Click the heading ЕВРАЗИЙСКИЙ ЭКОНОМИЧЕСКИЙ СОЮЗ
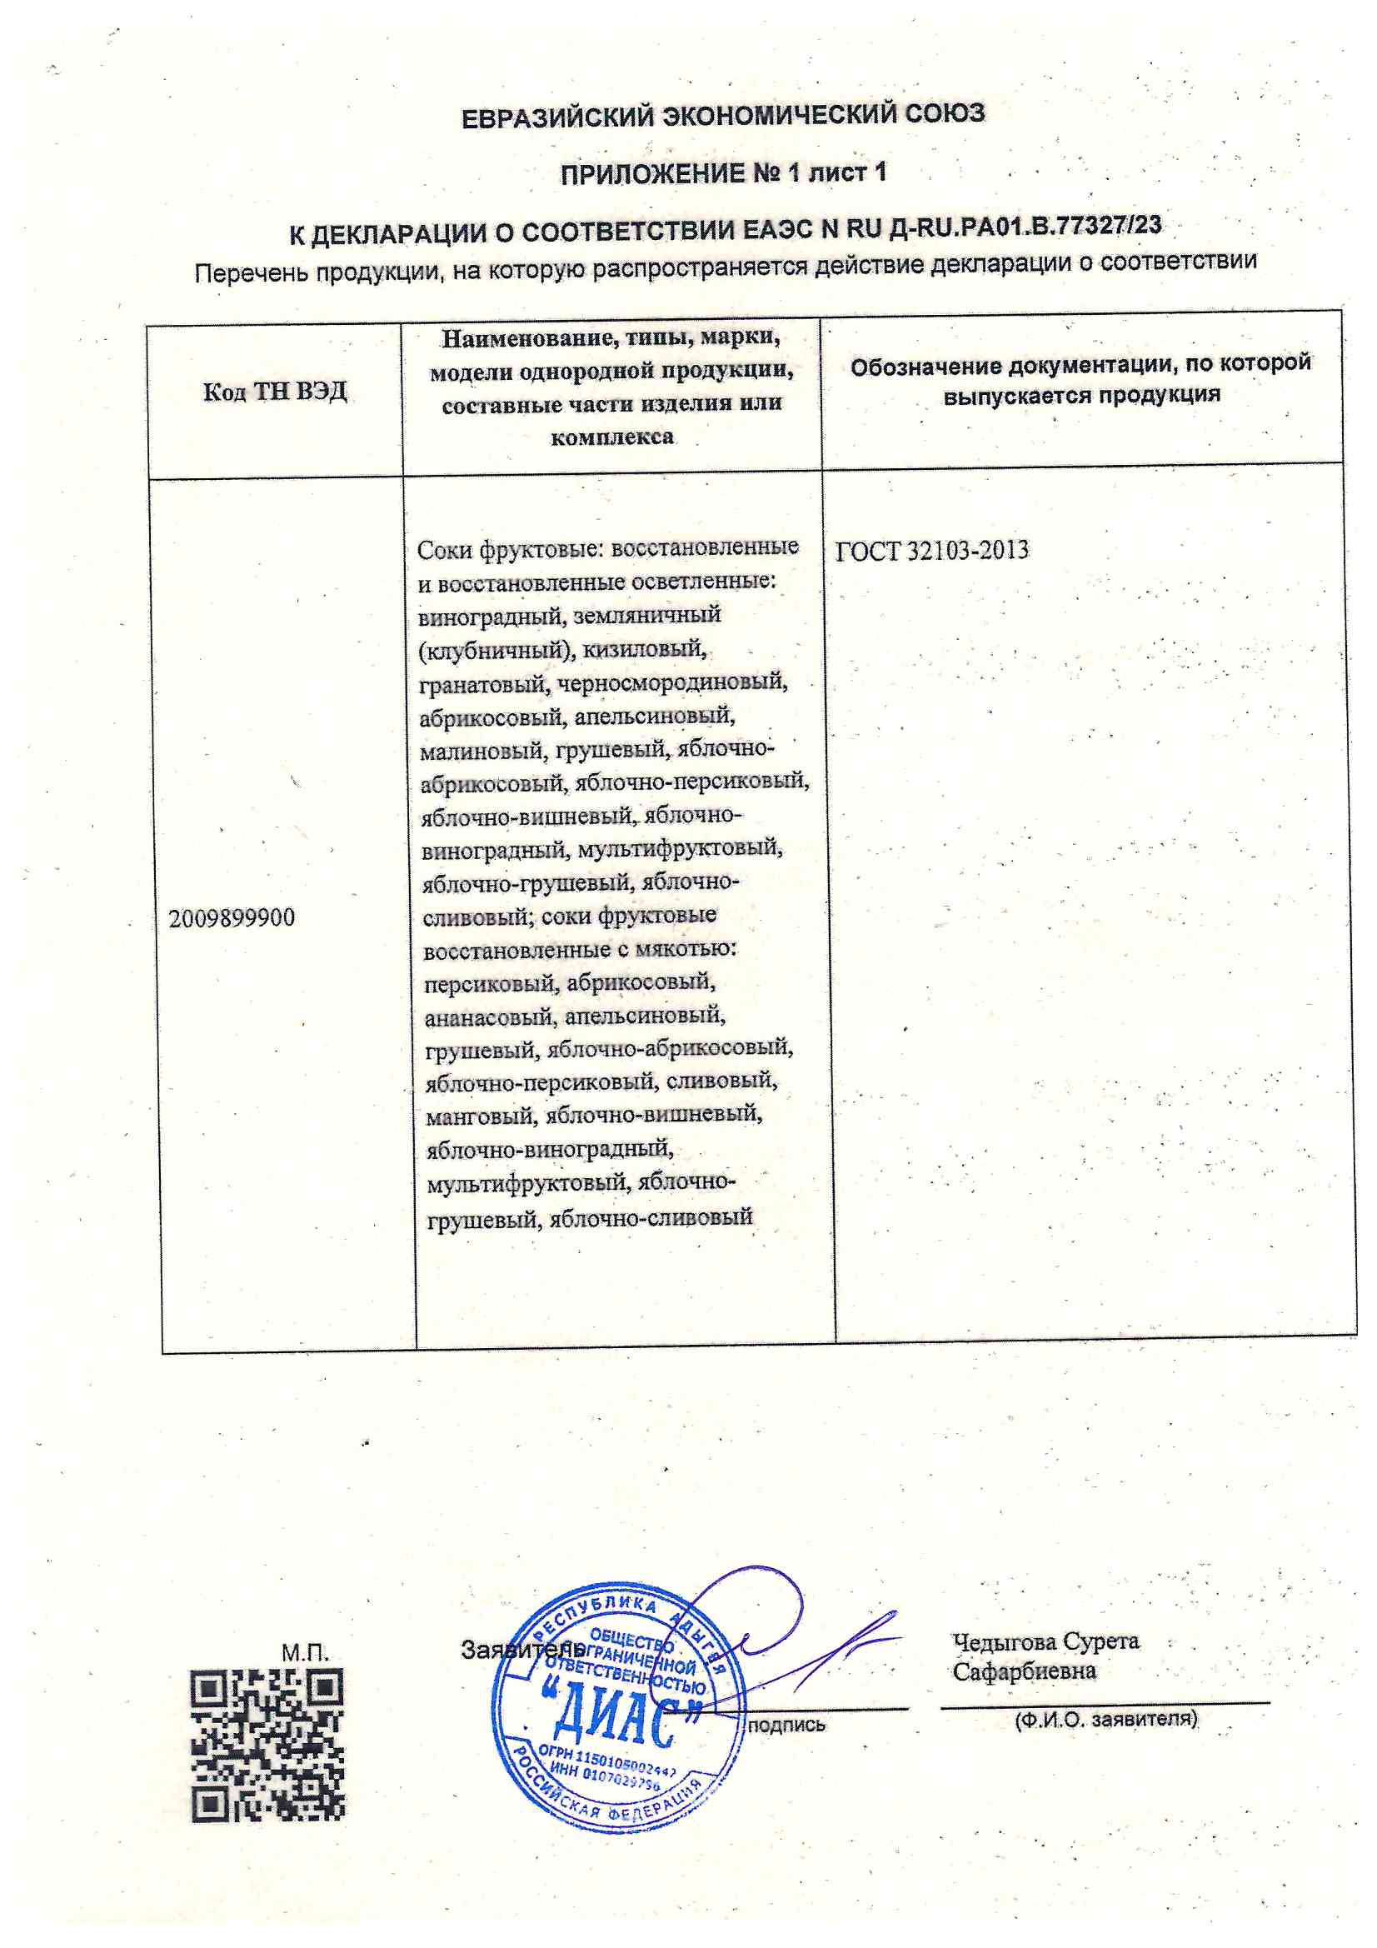point(723,114)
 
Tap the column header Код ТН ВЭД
point(275,391)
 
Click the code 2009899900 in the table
point(232,918)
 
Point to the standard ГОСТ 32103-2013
point(931,552)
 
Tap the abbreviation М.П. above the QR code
point(306,1653)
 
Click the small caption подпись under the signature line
point(786,1725)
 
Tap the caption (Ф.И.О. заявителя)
point(1105,1720)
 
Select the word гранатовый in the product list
point(484,684)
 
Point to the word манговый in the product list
point(479,1116)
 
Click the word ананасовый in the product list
point(490,1017)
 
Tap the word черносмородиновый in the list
point(672,682)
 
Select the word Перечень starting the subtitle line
point(250,273)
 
